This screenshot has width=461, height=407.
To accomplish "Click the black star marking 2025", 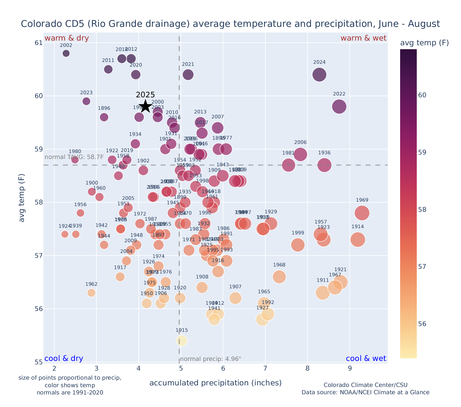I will (145, 106).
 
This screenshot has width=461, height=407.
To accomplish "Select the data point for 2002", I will (66, 53).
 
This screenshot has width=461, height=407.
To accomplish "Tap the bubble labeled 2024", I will (319, 75).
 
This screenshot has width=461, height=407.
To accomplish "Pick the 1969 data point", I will (362, 213).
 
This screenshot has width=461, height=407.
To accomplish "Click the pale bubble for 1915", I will (182, 341).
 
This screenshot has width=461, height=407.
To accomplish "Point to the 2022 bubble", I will (339, 106).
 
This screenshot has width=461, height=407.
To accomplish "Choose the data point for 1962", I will (91, 293).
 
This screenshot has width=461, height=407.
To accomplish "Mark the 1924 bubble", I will (65, 234).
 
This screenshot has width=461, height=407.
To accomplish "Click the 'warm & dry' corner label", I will (67, 38).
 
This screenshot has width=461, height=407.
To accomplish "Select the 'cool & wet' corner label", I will (366, 359).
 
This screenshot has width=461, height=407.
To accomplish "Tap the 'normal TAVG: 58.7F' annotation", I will (74, 157).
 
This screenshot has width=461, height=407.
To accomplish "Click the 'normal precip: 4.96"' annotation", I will (210, 359).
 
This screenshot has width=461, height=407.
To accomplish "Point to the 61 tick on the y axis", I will (39, 43).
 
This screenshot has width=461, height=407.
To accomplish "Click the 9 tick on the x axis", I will (350, 369).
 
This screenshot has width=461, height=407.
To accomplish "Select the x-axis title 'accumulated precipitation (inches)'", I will (215, 383).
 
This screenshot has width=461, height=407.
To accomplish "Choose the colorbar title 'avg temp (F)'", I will (424, 43).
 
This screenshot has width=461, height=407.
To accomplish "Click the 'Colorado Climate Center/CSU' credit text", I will (366, 385).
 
